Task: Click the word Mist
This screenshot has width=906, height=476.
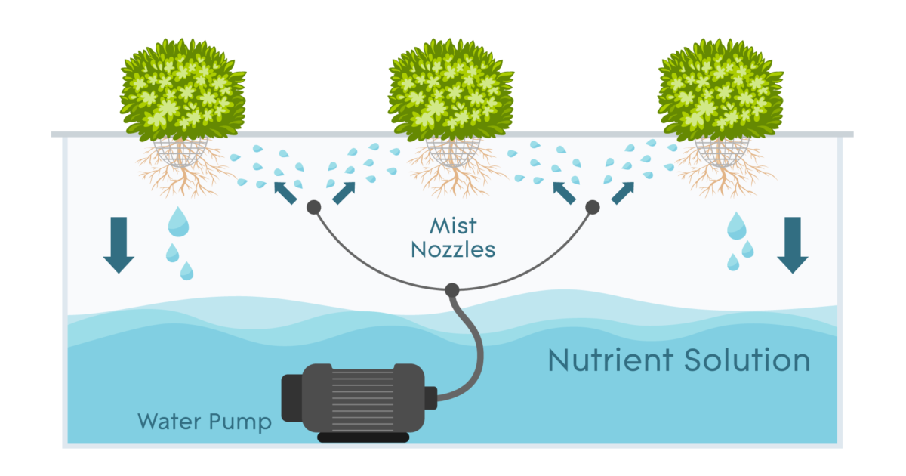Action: pos(453,226)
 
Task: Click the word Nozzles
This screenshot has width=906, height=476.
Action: pos(453,250)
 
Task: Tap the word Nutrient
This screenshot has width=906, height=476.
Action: pos(611,360)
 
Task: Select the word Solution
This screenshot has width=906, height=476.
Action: pos(747,360)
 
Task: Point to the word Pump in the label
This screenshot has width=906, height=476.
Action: pos(240,422)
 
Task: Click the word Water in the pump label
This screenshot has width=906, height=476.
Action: pos(169,421)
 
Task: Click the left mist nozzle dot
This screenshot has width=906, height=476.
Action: pos(314,207)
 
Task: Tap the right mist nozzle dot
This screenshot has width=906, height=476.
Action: pos(593,207)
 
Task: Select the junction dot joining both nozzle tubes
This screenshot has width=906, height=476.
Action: pos(452,290)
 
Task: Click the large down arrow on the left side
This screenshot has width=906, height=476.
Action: pos(119,245)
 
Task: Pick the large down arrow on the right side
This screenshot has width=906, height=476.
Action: pos(793,245)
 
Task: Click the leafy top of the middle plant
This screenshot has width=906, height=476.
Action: pos(451,89)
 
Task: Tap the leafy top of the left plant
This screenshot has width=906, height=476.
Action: pos(183,89)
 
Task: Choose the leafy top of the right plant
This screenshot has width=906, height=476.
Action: pos(720,89)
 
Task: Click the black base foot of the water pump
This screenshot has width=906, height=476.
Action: pos(363,437)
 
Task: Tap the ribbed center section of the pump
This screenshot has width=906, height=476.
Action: pos(362,399)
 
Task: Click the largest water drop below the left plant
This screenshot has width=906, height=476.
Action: pos(178,222)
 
